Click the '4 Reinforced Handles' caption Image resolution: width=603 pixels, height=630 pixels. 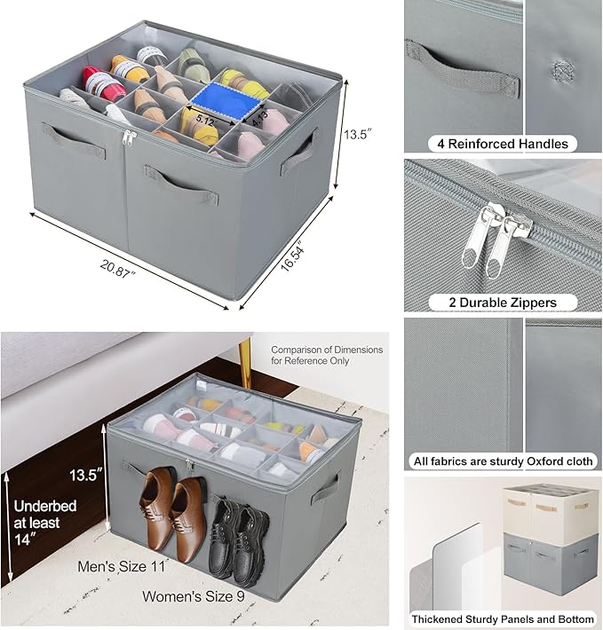point(502,143)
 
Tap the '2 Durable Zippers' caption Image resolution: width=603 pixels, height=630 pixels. point(503,303)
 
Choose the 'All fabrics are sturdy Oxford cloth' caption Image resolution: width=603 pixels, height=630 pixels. point(503,461)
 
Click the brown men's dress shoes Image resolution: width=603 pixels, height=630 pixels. point(172,513)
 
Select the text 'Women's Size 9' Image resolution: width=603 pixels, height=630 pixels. point(194,595)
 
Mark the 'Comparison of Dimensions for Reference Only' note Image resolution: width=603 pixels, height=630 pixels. point(327,355)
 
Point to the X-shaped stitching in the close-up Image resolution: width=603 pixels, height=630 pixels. point(561,69)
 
